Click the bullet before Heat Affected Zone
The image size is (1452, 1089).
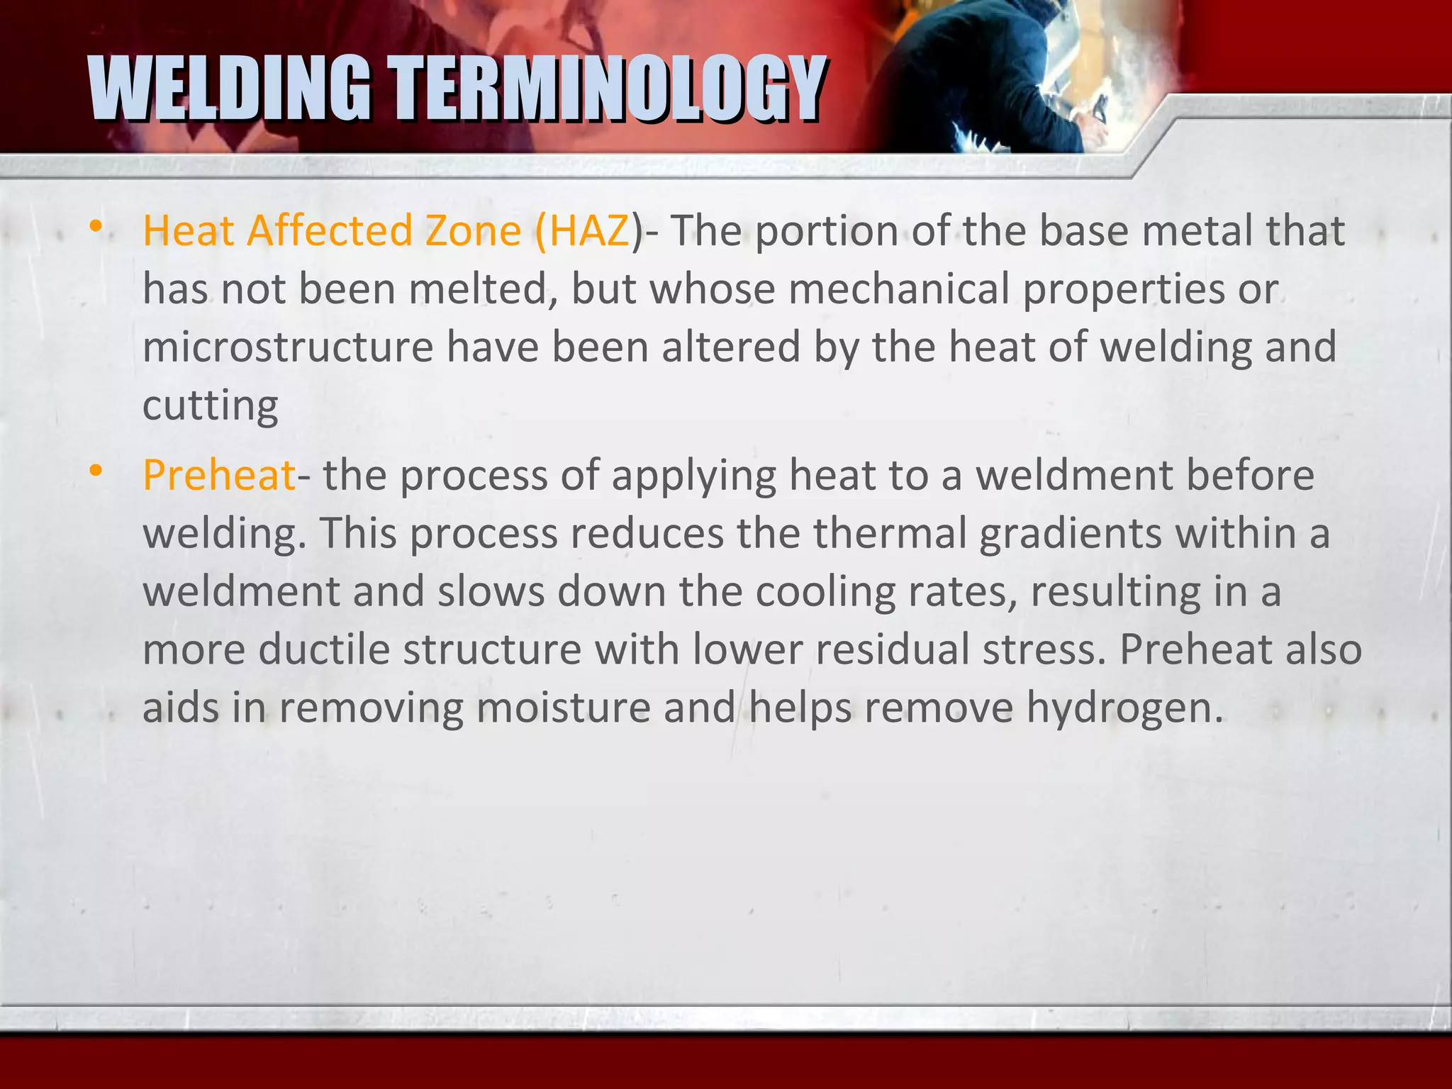96,228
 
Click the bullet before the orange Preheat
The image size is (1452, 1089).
96,471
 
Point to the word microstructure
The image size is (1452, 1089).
288,347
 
